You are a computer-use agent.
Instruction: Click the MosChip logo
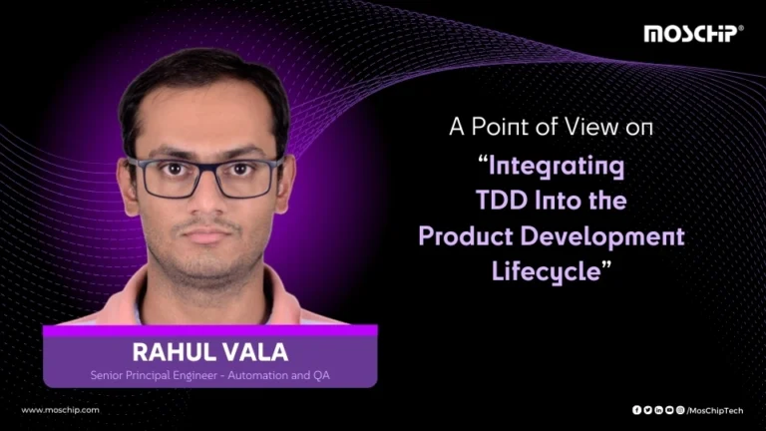pos(692,33)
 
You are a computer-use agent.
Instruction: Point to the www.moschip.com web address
pos(60,410)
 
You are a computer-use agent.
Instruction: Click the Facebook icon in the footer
pos(636,410)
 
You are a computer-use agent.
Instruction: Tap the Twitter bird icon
pos(647,410)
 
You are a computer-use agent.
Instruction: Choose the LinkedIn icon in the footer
pos(658,410)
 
